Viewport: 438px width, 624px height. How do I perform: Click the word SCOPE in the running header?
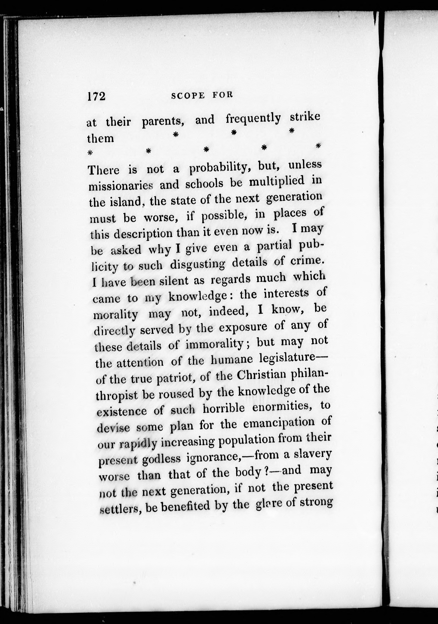(x=188, y=96)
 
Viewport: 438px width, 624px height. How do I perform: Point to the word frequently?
(x=253, y=119)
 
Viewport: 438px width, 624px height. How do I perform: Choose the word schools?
(x=204, y=184)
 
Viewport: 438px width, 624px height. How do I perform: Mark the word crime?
(x=307, y=261)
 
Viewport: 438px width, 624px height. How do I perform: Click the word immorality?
(x=215, y=345)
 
